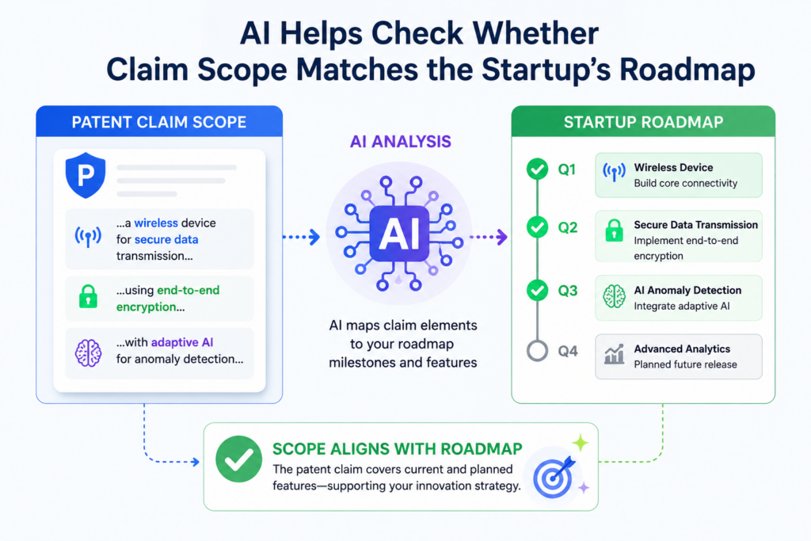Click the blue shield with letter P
[x=86, y=175]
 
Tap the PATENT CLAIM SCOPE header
[x=158, y=122]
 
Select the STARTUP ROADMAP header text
[x=643, y=122]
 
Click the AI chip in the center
[x=399, y=234]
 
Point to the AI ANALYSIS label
[x=400, y=141]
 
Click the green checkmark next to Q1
[x=538, y=170]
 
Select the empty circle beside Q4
[x=538, y=351]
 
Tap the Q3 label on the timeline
[x=567, y=291]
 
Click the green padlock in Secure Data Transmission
[x=614, y=230]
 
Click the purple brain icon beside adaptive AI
[x=89, y=352]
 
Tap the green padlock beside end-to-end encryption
[x=88, y=296]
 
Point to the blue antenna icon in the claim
[x=88, y=236]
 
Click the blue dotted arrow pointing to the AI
[x=302, y=237]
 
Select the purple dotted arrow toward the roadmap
[x=489, y=237]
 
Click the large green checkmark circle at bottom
[x=239, y=459]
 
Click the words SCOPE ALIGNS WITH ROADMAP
[x=398, y=449]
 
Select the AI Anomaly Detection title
[x=687, y=290]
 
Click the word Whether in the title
[x=535, y=33]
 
